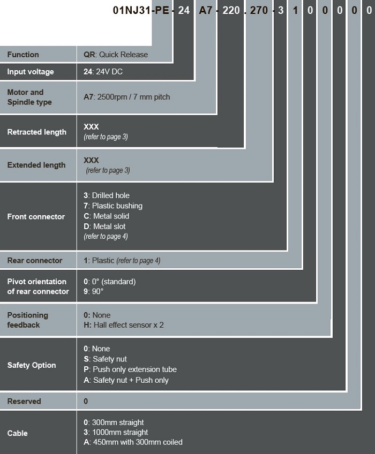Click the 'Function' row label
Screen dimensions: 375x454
pyautogui.click(x=23, y=55)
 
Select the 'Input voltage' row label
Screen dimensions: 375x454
pyautogui.click(x=31, y=72)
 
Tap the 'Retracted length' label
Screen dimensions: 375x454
pyautogui.click(x=37, y=132)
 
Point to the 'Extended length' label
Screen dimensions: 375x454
pyautogui.click(x=36, y=165)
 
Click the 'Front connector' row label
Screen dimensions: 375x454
pyautogui.click(x=36, y=217)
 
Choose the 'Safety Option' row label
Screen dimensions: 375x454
pyautogui.click(x=32, y=365)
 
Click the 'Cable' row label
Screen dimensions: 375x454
pyautogui.click(x=17, y=433)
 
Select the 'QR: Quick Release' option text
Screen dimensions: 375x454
pyautogui.click(x=116, y=55)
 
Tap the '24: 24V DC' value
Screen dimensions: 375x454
pyautogui.click(x=103, y=72)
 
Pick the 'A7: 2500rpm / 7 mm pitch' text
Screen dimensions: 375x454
pyautogui.click(x=126, y=97)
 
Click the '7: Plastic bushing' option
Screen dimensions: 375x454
pyautogui.click(x=113, y=206)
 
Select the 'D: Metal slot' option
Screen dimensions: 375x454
pyautogui.click(x=104, y=226)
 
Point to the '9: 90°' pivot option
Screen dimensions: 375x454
pyautogui.click(x=93, y=291)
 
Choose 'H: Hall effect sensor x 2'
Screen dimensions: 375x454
pyautogui.click(x=123, y=325)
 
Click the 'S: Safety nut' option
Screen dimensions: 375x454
pyautogui.click(x=105, y=359)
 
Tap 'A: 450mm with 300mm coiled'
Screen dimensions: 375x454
pyautogui.click(x=133, y=442)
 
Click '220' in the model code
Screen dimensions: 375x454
pyautogui.click(x=231, y=10)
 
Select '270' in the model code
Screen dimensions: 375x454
pyautogui.click(x=259, y=10)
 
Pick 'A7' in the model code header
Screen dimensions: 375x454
pyautogui.click(x=206, y=10)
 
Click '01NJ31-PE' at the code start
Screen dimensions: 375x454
pyautogui.click(x=141, y=10)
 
